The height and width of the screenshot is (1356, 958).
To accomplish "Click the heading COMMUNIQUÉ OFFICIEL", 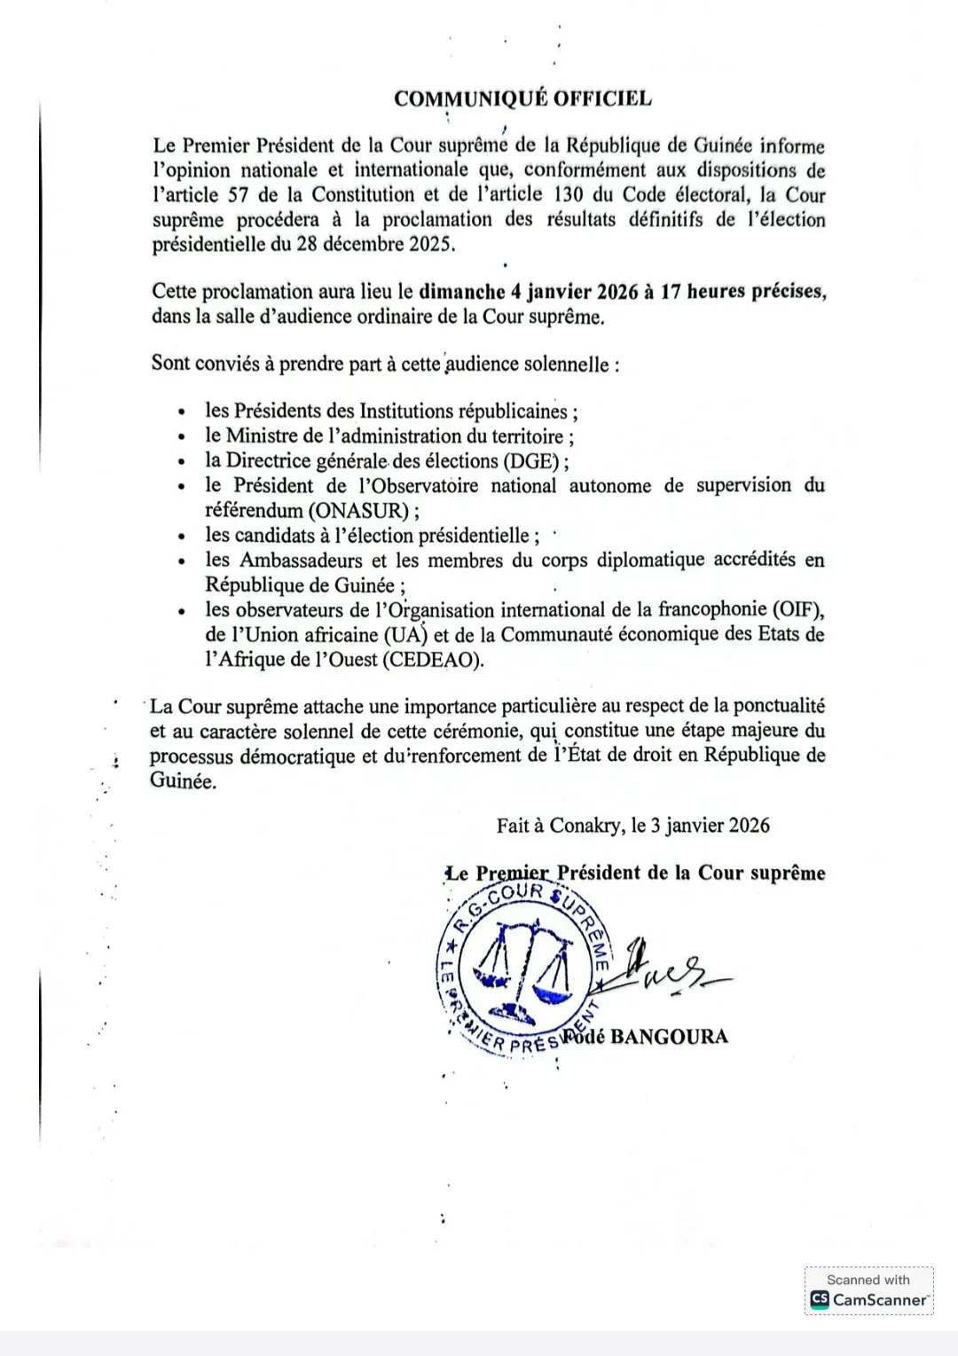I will click(x=522, y=98).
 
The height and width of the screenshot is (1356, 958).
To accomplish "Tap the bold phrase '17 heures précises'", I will click(x=743, y=292).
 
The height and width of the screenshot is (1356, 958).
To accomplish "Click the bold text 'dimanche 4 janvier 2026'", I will click(x=528, y=292).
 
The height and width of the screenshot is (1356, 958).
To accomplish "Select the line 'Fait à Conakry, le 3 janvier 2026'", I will click(x=632, y=826).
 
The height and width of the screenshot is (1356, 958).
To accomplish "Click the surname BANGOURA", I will click(x=670, y=1037).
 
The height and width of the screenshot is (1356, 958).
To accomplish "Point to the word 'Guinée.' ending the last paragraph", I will click(x=183, y=782).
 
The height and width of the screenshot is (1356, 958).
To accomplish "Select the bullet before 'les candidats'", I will click(x=182, y=537).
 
